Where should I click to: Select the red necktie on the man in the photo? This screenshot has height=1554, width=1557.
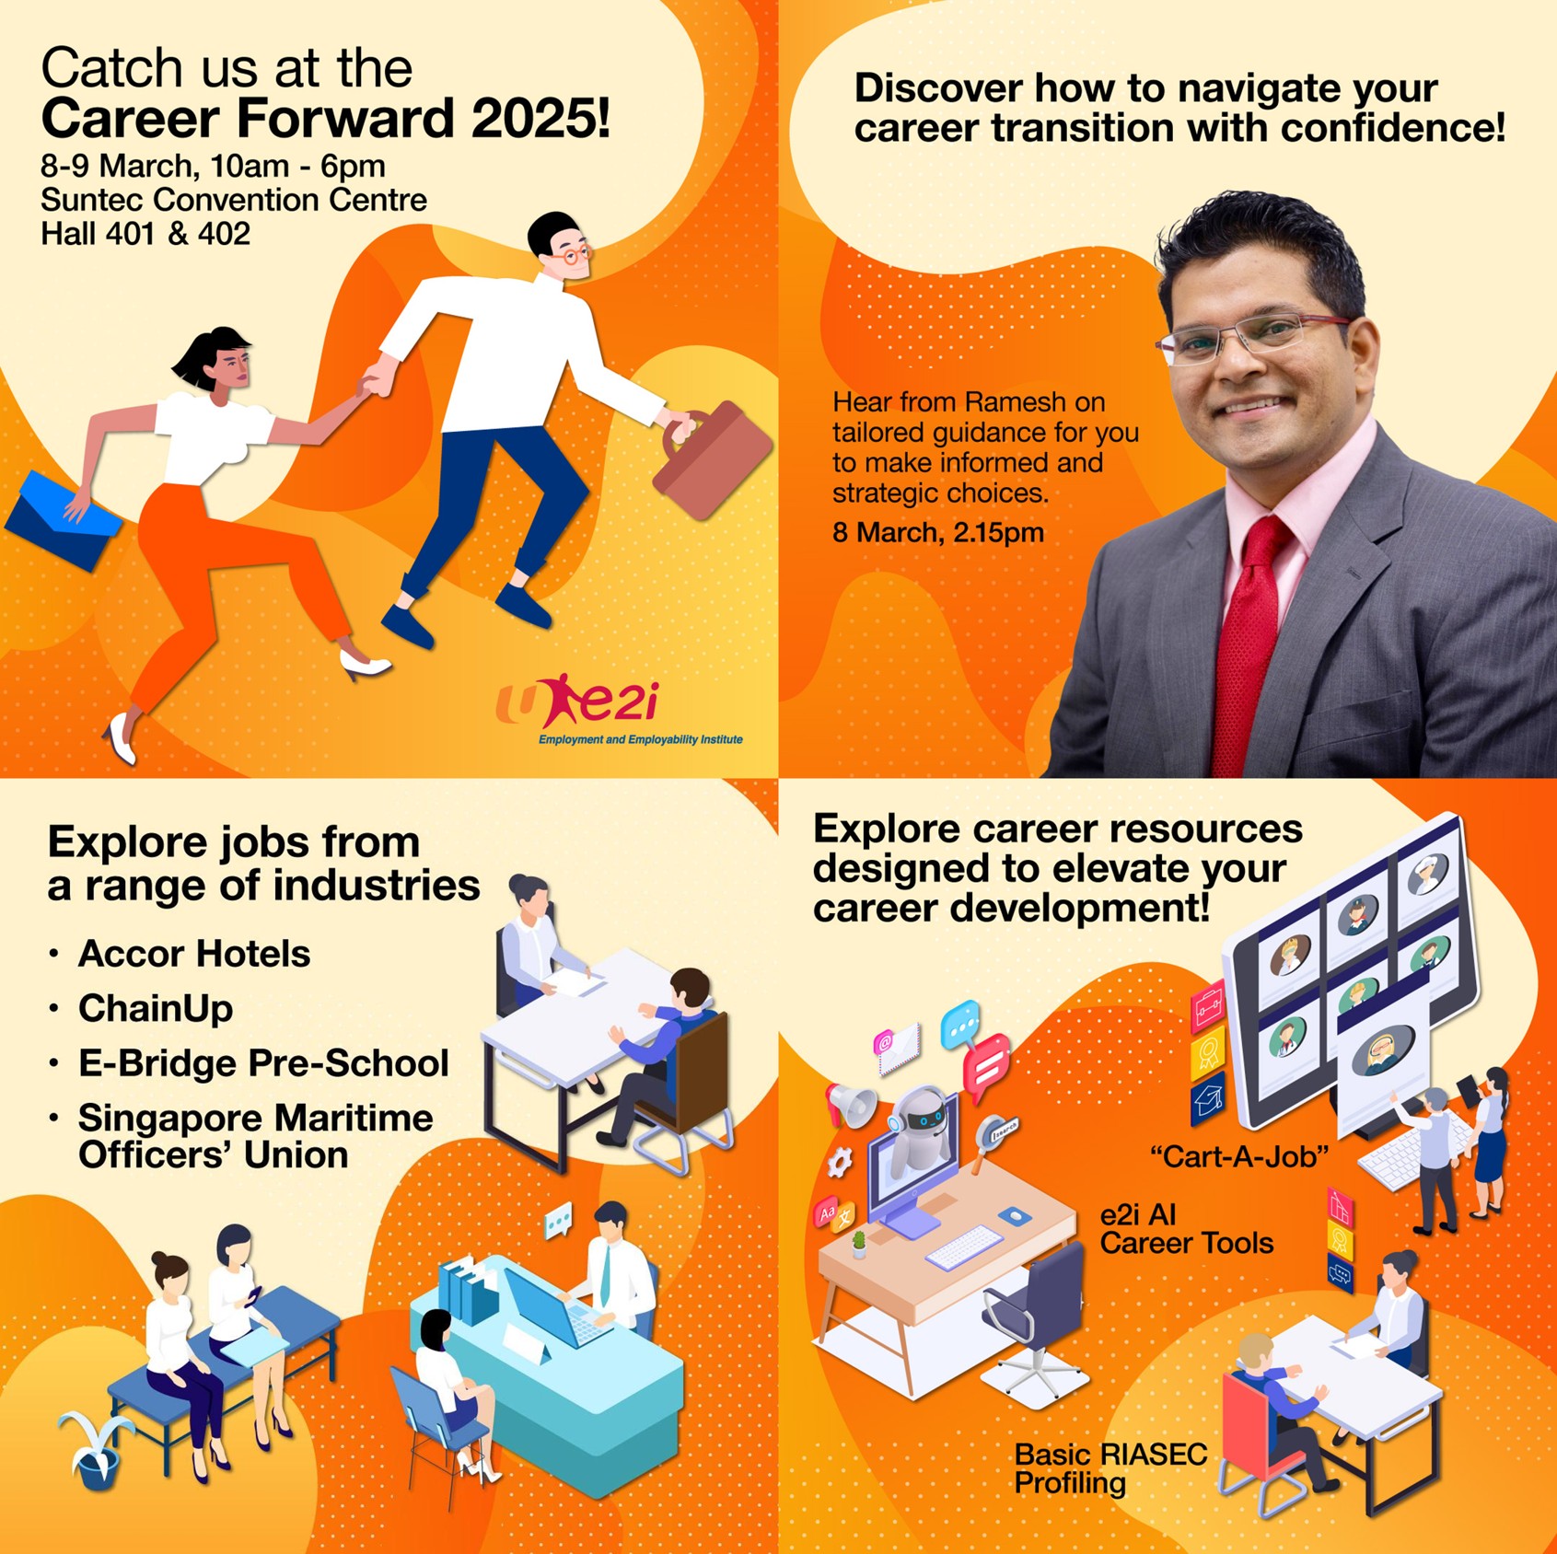1250,644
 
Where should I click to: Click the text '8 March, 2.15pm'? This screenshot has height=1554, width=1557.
938,533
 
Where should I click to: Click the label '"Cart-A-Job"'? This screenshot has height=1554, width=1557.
1239,1156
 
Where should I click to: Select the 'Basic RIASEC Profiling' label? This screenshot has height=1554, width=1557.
1110,1468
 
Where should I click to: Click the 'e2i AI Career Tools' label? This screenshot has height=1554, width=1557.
1186,1229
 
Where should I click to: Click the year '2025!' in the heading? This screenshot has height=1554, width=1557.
540,120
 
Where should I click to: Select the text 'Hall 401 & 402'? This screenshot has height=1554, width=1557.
145,234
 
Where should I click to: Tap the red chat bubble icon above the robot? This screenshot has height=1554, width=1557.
986,1065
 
